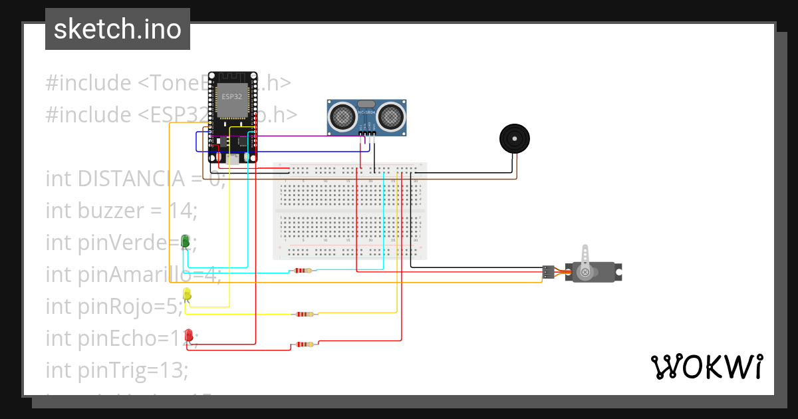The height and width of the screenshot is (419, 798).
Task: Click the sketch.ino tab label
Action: coord(117,29)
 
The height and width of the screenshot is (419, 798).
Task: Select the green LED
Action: coord(186,242)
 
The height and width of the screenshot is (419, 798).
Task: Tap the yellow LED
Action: coord(187,294)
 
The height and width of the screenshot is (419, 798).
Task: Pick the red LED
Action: coord(189,336)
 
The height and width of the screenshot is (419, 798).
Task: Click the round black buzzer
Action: coord(515,139)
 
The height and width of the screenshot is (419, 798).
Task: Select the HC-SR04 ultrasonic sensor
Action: coord(366,118)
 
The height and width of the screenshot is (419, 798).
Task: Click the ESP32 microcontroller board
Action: coord(232,117)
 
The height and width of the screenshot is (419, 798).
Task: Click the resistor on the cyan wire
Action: coord(303,271)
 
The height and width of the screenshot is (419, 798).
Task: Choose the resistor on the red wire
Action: coord(305,345)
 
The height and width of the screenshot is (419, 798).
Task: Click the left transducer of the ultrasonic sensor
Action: coord(343,116)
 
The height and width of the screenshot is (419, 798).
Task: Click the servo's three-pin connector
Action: coord(548,271)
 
